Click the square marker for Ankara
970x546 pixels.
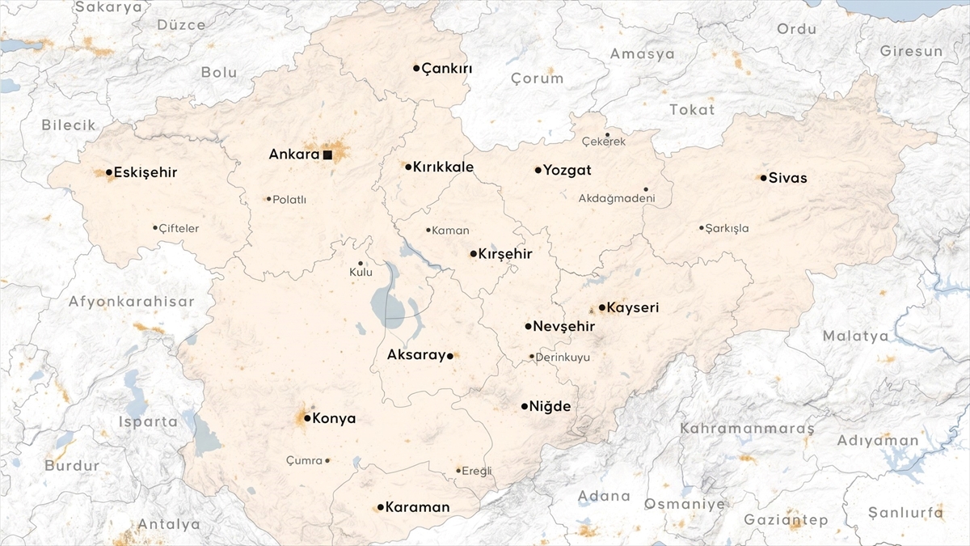click(x=327, y=154)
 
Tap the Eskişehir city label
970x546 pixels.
click(x=145, y=172)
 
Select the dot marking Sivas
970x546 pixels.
click(x=764, y=178)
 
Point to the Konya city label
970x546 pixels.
click(x=335, y=419)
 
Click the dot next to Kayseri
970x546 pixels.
click(x=602, y=307)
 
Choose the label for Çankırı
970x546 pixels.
click(x=447, y=69)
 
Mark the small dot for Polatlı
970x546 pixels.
click(x=268, y=199)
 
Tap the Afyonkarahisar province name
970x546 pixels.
click(x=132, y=302)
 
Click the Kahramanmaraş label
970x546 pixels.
click(x=747, y=428)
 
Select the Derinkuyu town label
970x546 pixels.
click(x=563, y=357)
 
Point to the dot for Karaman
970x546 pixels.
click(x=380, y=507)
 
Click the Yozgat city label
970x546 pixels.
click(x=567, y=171)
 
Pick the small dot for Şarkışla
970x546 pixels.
click(x=702, y=227)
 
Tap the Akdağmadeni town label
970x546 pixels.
click(x=617, y=198)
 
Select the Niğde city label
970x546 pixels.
click(x=550, y=407)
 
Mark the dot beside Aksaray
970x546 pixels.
click(x=450, y=355)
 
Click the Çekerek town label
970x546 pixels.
click(x=604, y=142)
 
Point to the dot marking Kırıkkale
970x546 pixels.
click(x=408, y=167)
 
